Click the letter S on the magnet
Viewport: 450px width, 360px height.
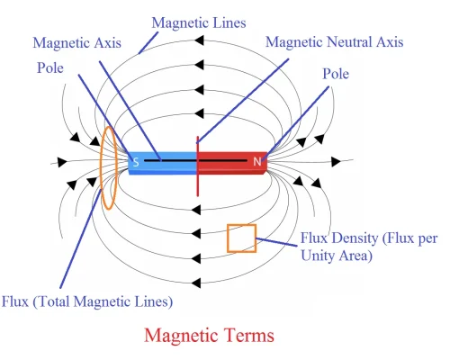(x=136, y=163)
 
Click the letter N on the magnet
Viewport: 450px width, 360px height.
(x=256, y=163)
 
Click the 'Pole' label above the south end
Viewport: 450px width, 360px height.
(x=52, y=67)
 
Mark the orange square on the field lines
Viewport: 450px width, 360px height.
(x=241, y=238)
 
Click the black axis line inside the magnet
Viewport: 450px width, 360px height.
(x=180, y=161)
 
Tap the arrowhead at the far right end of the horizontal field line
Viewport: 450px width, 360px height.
(x=336, y=161)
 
